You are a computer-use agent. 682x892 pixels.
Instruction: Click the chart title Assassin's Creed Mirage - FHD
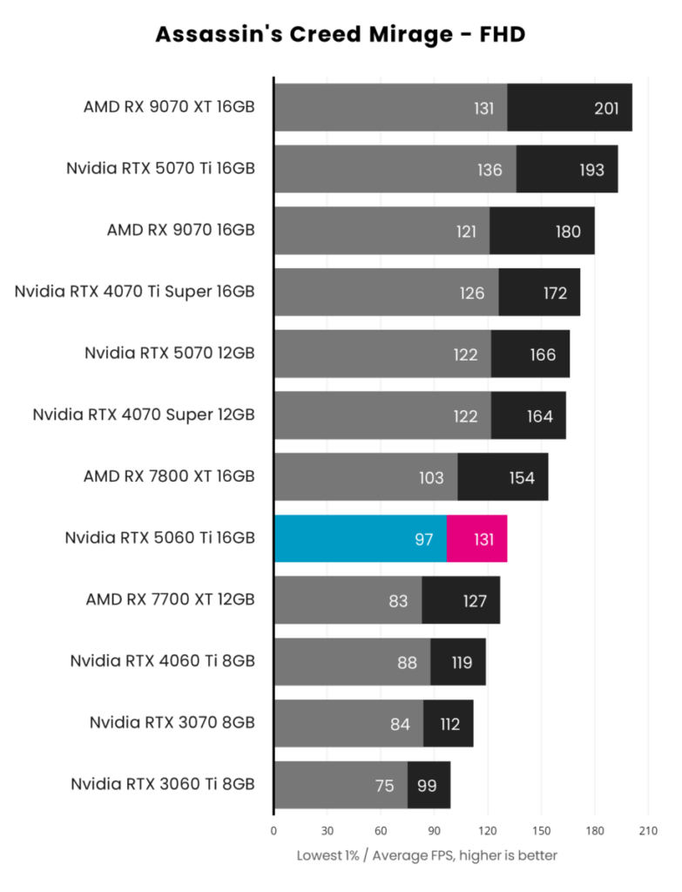click(341, 35)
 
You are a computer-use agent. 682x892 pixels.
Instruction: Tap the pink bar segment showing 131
click(476, 538)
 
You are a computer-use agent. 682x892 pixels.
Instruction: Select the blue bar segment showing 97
click(360, 538)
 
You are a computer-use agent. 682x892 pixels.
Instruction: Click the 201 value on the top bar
click(605, 108)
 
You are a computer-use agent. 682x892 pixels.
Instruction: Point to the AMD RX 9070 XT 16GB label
click(169, 108)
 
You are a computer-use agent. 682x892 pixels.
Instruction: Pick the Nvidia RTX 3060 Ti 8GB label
click(163, 785)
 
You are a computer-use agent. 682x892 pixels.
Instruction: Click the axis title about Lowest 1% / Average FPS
click(427, 855)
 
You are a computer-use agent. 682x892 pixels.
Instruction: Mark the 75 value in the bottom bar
click(384, 785)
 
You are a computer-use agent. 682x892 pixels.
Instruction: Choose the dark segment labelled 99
click(429, 785)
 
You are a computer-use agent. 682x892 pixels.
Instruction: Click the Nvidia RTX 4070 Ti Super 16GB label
click(134, 292)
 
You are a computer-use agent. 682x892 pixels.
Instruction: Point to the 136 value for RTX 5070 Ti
click(490, 170)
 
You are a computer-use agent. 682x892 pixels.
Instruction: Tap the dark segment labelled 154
click(503, 477)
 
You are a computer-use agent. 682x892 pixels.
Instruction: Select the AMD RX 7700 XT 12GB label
click(170, 600)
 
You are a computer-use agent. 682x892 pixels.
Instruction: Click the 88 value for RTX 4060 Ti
click(407, 662)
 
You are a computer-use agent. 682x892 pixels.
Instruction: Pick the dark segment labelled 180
click(542, 231)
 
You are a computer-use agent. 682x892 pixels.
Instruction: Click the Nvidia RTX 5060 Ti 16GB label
click(160, 538)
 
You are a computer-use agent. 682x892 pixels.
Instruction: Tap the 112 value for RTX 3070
click(449, 723)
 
